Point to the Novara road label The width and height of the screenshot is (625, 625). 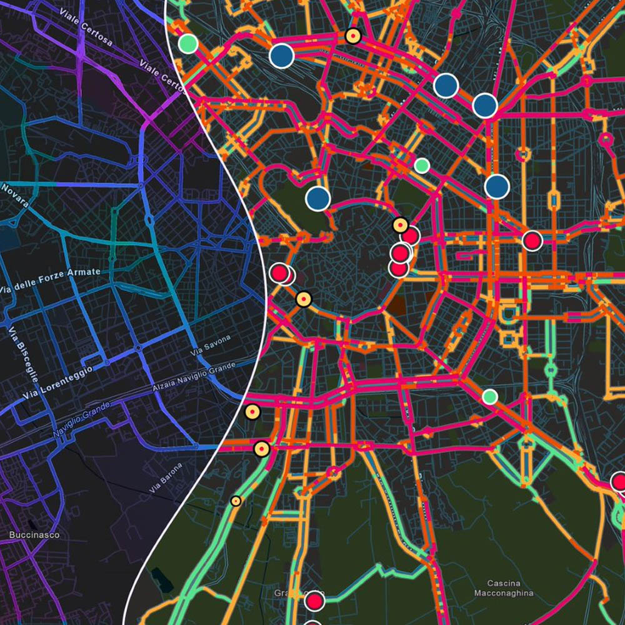point(15,191)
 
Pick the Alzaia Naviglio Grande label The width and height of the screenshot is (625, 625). point(194,377)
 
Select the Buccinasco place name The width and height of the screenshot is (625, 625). point(26,536)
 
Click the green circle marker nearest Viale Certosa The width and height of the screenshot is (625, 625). point(187,44)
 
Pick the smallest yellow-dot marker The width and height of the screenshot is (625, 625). point(236,501)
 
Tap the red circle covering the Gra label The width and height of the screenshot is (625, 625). point(314,601)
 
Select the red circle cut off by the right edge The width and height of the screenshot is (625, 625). point(619,482)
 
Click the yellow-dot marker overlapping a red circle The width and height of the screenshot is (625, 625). point(401,225)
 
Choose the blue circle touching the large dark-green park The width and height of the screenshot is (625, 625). point(317,199)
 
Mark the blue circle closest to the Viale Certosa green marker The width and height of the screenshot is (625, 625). point(282,56)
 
